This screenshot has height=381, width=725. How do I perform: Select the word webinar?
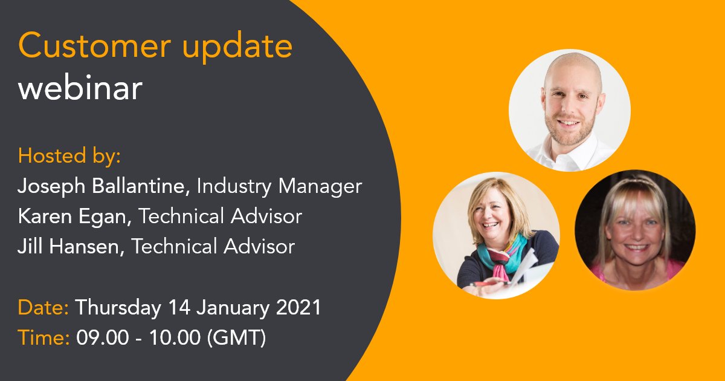point(80,89)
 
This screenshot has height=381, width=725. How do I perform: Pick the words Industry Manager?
point(279,186)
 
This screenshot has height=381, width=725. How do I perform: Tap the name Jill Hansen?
point(68,246)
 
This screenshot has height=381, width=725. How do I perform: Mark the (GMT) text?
point(236,337)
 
